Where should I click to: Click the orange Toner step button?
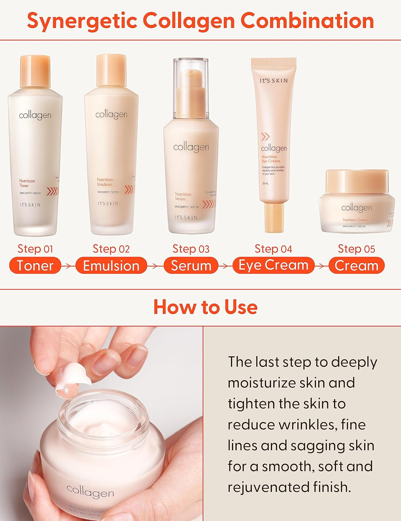(35, 266)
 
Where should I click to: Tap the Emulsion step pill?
(111, 266)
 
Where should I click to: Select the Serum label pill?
(191, 266)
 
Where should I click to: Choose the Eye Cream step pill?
(273, 265)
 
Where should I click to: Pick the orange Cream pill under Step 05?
(357, 266)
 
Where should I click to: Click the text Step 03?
(191, 249)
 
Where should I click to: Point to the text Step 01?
(35, 249)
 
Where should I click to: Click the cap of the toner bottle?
(35, 72)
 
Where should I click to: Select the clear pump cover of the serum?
(191, 87)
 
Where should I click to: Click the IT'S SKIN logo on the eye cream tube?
(274, 81)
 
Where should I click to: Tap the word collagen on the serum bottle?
(191, 147)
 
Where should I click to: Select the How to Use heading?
(205, 307)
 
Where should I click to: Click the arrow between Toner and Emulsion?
(68, 266)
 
